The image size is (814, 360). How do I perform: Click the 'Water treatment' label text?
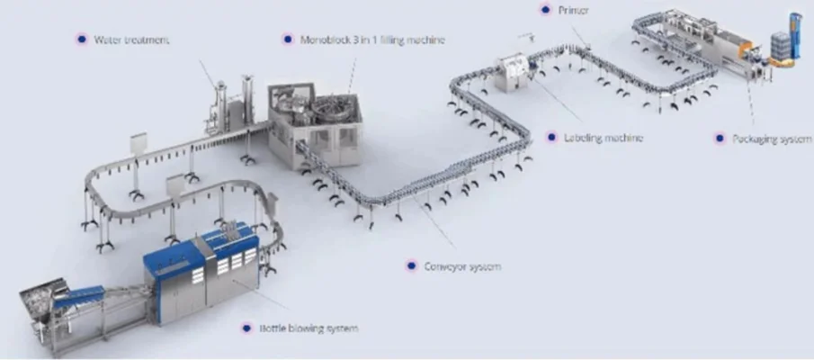132,40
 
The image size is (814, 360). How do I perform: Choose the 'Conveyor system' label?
463,266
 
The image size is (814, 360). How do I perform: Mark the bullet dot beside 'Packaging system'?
719,139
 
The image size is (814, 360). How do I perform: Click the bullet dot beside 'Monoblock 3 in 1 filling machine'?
287,40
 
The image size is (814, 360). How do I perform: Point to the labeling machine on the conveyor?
514,72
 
